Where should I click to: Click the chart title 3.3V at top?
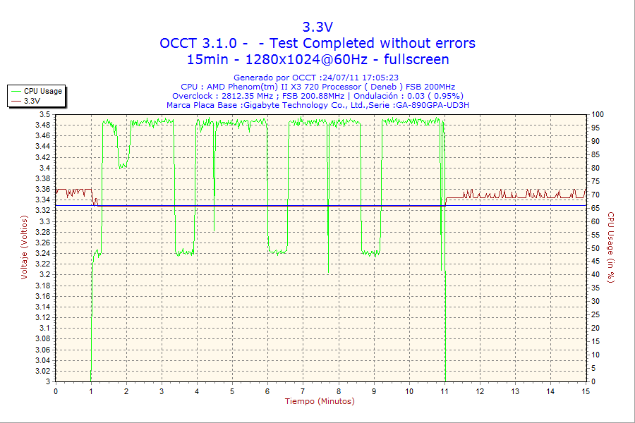(317, 27)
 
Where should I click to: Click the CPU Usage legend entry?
(42, 91)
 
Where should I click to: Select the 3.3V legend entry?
(32, 101)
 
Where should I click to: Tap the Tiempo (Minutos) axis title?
(320, 401)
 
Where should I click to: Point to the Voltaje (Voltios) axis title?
(24, 247)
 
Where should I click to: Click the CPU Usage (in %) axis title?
(611, 247)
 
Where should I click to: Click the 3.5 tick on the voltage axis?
(44, 114)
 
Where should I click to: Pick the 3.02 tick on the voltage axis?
(42, 371)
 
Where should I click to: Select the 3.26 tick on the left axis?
(42, 243)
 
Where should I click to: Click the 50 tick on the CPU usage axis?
(595, 248)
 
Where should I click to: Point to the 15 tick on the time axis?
(586, 391)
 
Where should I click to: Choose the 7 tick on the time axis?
(303, 391)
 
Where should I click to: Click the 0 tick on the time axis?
(56, 391)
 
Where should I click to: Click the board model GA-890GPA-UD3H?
(432, 105)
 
